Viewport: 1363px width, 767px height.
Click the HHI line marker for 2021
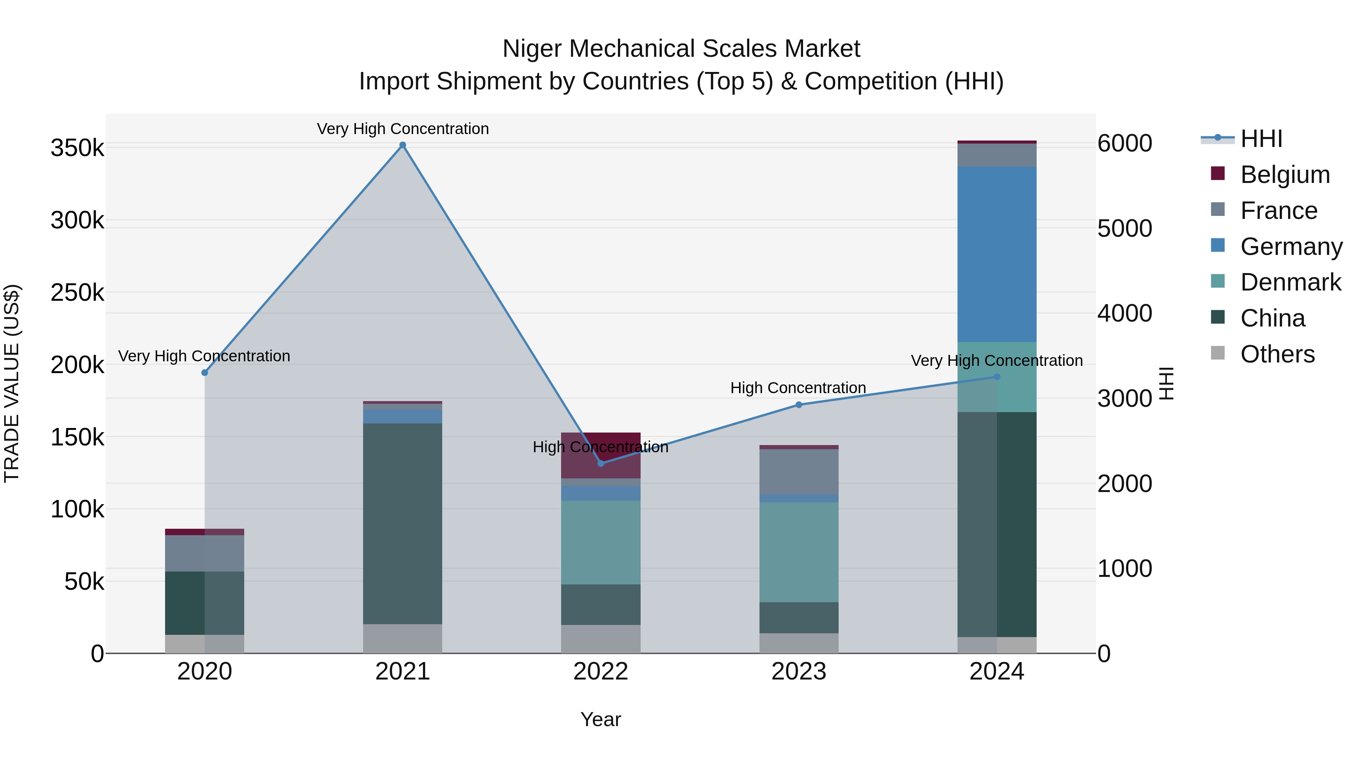pyautogui.click(x=403, y=145)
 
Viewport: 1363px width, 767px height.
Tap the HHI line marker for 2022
pyautogui.click(x=600, y=464)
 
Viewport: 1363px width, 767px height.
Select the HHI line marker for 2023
pyautogui.click(x=799, y=405)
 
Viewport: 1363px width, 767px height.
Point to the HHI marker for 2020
pyautogui.click(x=205, y=373)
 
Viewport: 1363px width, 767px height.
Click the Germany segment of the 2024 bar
pyautogui.click(x=997, y=254)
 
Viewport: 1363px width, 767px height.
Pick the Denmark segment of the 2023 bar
pyautogui.click(x=799, y=552)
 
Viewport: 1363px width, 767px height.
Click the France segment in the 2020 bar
pyautogui.click(x=205, y=553)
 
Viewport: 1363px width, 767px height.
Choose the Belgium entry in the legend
pyautogui.click(x=1285, y=175)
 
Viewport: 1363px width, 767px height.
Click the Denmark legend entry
pyautogui.click(x=1290, y=282)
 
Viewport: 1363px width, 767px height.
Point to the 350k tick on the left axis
pyautogui.click(x=77, y=148)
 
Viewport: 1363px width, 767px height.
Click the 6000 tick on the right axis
pyautogui.click(x=1124, y=144)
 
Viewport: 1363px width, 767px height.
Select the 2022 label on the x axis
pyautogui.click(x=600, y=672)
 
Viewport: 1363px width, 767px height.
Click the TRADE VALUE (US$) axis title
pyautogui.click(x=12, y=383)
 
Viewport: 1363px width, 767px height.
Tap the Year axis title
pyautogui.click(x=600, y=719)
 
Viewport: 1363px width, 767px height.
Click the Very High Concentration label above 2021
pyautogui.click(x=403, y=129)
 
